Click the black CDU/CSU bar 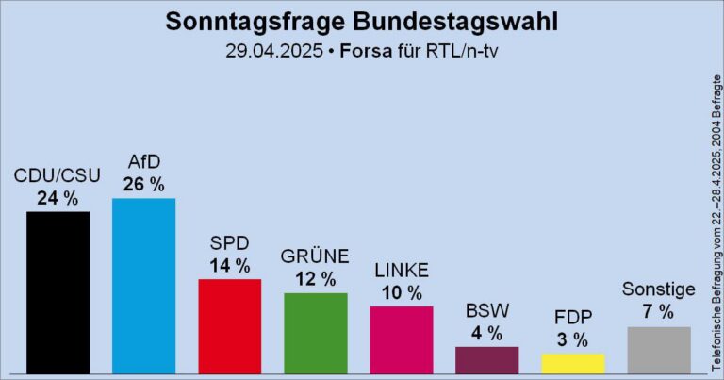pyautogui.click(x=58, y=291)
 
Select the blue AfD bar pyautogui.click(x=143, y=285)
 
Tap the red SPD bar pyautogui.click(x=229, y=325)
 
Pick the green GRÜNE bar pyautogui.click(x=315, y=332)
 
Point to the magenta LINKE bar pyautogui.click(x=401, y=339)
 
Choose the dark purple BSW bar pyautogui.click(x=486, y=359)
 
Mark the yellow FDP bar pyautogui.click(x=572, y=363)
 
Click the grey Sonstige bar pyautogui.click(x=658, y=349)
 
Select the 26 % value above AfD pyautogui.click(x=143, y=183)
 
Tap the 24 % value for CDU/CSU pyautogui.click(x=58, y=197)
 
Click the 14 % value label pyautogui.click(x=229, y=265)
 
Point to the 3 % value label pyautogui.click(x=572, y=339)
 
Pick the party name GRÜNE pyautogui.click(x=315, y=256)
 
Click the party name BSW pyautogui.click(x=486, y=310)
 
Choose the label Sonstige pyautogui.click(x=658, y=289)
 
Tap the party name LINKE pyautogui.click(x=401, y=271)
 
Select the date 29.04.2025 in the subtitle pyautogui.click(x=269, y=50)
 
